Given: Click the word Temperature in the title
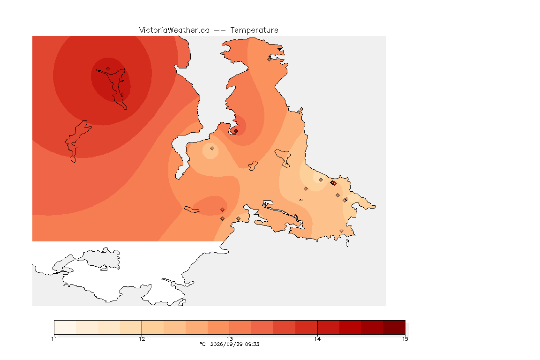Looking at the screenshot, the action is click(x=254, y=30).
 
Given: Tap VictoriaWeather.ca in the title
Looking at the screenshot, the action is click(x=174, y=30).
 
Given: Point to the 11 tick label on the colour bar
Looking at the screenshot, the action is click(x=54, y=339).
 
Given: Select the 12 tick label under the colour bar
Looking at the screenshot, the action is click(x=142, y=339).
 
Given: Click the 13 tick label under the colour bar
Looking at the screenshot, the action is click(x=230, y=339).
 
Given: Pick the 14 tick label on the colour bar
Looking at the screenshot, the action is click(x=317, y=339).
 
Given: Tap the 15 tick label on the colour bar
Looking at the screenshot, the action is click(x=405, y=339).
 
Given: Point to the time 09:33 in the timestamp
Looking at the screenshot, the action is click(x=252, y=344).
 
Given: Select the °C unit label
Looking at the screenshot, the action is click(x=202, y=344).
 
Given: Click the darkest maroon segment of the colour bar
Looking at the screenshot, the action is click(x=394, y=327).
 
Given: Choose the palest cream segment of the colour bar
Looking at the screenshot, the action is click(x=65, y=327).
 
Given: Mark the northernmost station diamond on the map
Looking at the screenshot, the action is click(x=270, y=59).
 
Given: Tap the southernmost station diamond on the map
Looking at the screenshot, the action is click(x=341, y=231).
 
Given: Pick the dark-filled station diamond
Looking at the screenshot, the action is click(x=332, y=183).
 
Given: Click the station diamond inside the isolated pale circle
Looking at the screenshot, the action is click(x=212, y=149).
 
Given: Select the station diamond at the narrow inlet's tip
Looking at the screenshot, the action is click(x=236, y=131).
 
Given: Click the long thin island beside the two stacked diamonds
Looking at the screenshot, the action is click(x=192, y=210).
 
